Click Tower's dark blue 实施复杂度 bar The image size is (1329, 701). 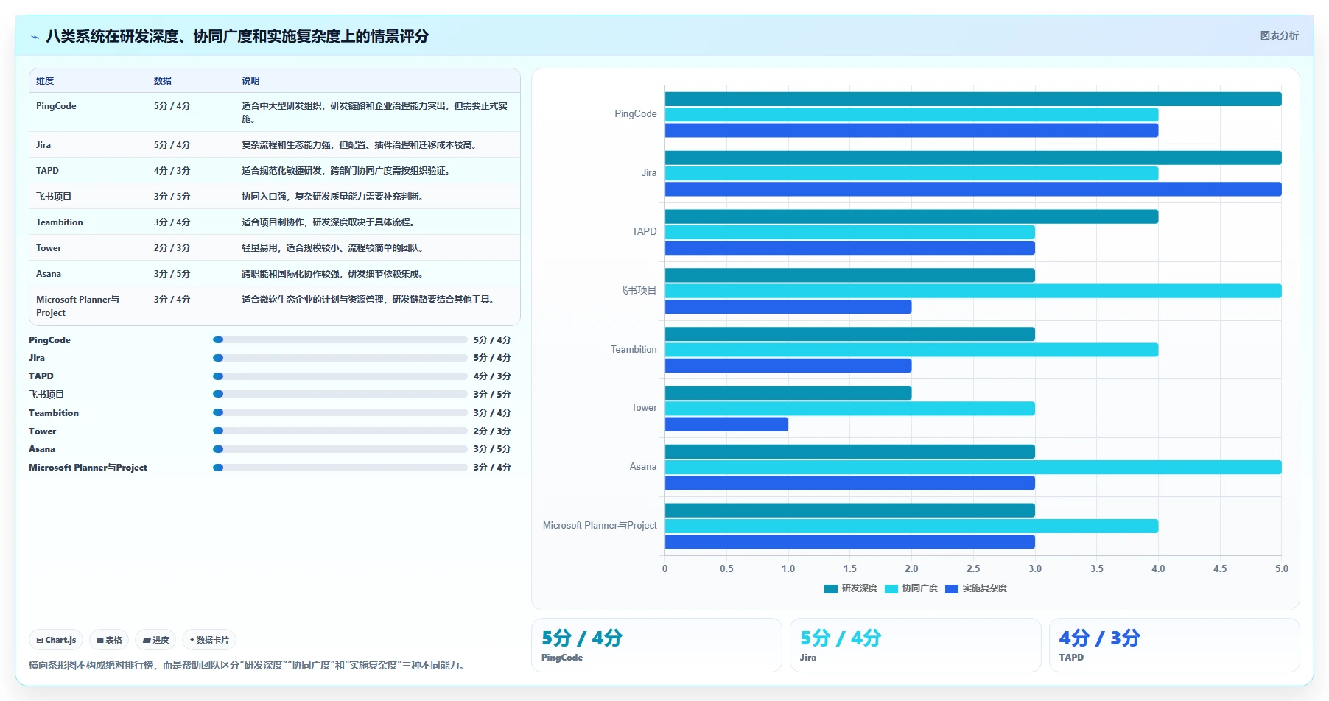click(x=726, y=424)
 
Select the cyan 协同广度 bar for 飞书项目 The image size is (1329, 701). click(x=973, y=291)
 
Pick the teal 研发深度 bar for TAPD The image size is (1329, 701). click(x=911, y=216)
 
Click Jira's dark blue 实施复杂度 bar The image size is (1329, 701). click(x=973, y=189)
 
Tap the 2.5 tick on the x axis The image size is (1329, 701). click(x=973, y=568)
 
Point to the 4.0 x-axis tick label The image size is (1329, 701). click(x=1158, y=568)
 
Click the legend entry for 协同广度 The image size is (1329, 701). click(x=911, y=588)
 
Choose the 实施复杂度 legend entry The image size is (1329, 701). click(x=976, y=588)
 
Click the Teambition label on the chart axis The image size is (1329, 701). click(x=634, y=349)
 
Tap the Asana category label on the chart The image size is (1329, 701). click(x=642, y=467)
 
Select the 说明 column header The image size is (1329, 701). click(x=250, y=81)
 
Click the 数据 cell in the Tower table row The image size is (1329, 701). click(x=172, y=248)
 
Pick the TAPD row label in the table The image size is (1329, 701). click(x=47, y=171)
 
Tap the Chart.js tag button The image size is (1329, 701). click(x=56, y=640)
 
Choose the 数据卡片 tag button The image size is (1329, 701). click(x=209, y=640)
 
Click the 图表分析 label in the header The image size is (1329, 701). click(x=1279, y=35)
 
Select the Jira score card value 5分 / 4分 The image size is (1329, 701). click(x=841, y=638)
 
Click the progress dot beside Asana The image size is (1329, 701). click(x=218, y=449)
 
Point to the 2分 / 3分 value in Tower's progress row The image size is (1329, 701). click(x=492, y=431)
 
